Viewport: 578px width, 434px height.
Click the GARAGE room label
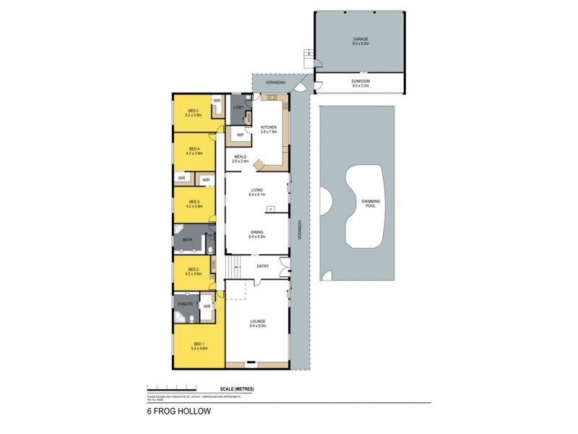[x=361, y=41]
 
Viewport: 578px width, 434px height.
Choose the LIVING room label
[x=257, y=192]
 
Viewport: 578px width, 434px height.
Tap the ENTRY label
[x=262, y=266]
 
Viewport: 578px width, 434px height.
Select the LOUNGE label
[x=257, y=323]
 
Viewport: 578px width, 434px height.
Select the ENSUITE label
[x=184, y=305]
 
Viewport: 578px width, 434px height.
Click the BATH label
[x=186, y=239]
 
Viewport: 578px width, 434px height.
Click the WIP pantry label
[x=238, y=134]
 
